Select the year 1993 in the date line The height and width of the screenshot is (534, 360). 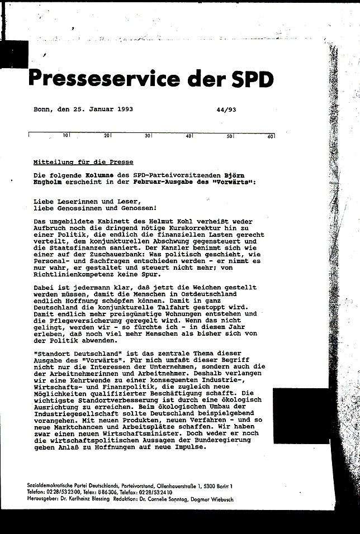click(122, 109)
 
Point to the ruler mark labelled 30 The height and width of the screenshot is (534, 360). click(148, 136)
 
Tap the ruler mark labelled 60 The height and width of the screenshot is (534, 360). click(270, 136)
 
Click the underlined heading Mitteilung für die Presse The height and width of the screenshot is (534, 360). click(83, 162)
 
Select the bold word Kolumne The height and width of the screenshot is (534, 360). click(94, 175)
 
